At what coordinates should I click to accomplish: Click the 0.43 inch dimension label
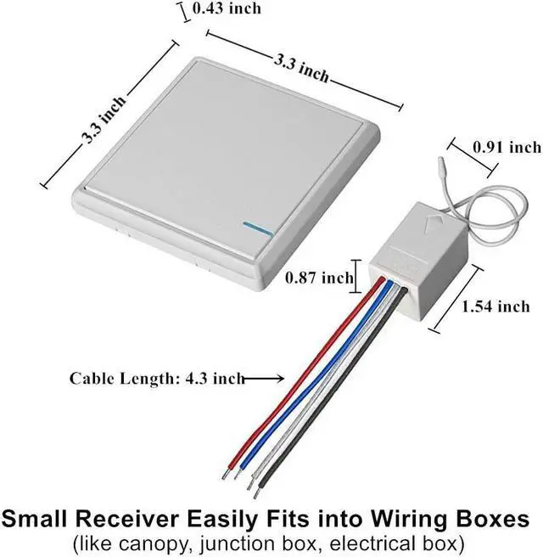[227, 8]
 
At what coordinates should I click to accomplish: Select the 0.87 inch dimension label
[318, 277]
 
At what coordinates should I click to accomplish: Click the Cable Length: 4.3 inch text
[157, 379]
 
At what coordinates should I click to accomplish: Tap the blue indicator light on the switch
[255, 227]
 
